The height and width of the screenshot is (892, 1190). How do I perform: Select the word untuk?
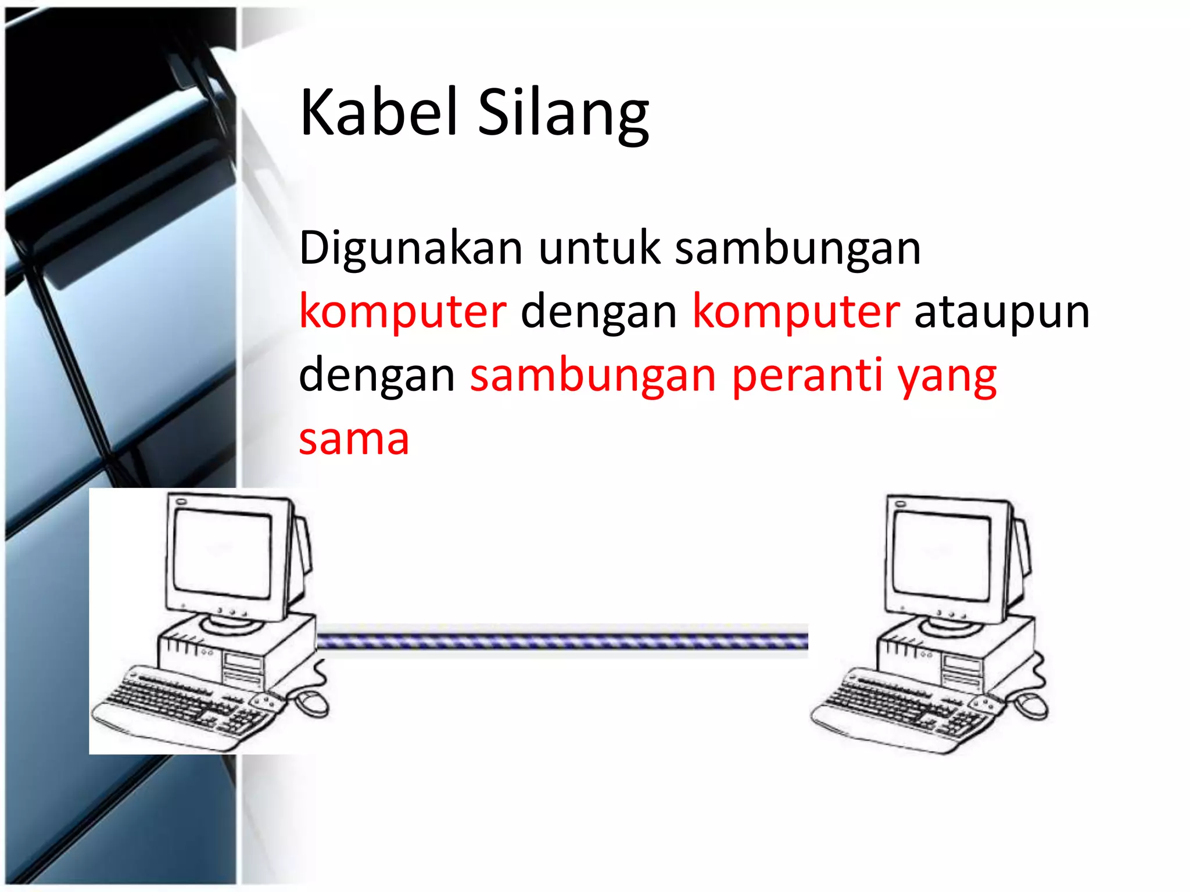tap(599, 248)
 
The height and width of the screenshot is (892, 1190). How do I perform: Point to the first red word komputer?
tap(402, 312)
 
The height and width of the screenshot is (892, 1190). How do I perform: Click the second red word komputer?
tap(795, 312)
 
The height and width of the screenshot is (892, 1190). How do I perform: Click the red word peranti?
tap(807, 376)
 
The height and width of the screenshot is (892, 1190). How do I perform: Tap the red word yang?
tap(947, 377)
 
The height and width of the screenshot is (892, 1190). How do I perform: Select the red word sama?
tap(354, 439)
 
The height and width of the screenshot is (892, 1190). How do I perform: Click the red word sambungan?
tap(593, 376)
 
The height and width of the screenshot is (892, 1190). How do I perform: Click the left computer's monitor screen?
tap(223, 554)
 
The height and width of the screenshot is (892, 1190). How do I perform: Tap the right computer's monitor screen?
tap(941, 557)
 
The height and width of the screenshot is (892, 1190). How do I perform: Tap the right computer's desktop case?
tap(965, 653)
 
